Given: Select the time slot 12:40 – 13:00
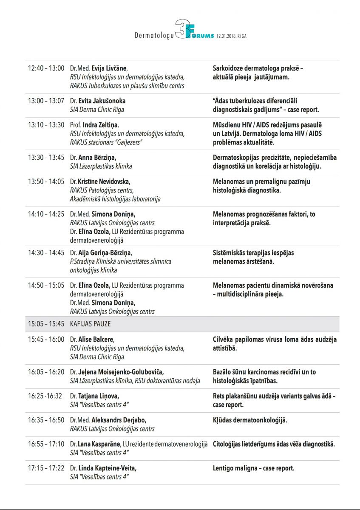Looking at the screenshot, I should pyautogui.click(x=46, y=68).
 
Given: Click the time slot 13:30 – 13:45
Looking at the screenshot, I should pyautogui.click(x=46, y=158).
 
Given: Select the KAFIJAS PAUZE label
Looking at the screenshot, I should pyautogui.click(x=90, y=324).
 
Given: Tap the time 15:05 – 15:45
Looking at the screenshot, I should pyautogui.click(x=46, y=324).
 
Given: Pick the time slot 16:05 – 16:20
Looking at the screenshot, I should pyautogui.click(x=46, y=372).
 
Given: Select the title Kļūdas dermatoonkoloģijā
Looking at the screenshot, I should pyautogui.click(x=250, y=420).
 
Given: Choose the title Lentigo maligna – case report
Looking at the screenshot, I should pyautogui.click(x=253, y=468).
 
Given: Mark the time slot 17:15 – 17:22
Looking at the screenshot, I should pyautogui.click(x=46, y=468).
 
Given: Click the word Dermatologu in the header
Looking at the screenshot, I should pyautogui.click(x=154, y=37).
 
